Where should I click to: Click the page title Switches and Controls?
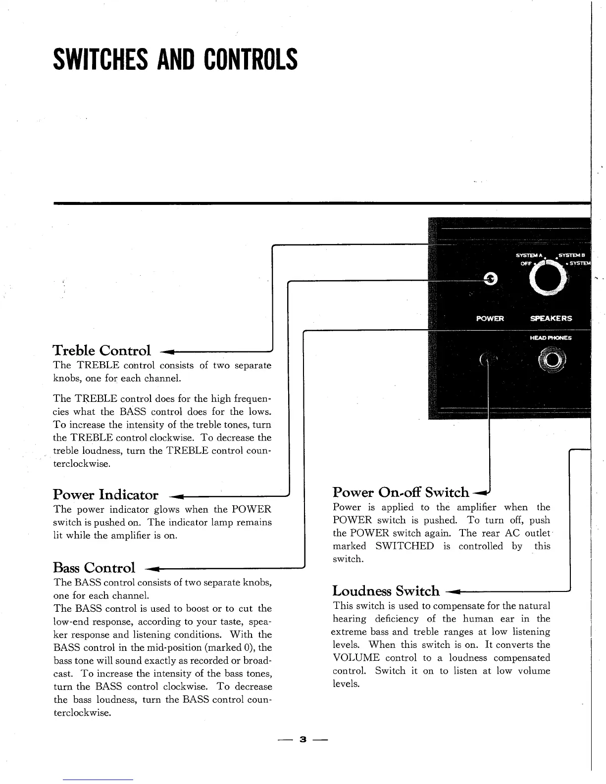coord(175,59)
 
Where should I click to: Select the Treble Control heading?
coord(101,350)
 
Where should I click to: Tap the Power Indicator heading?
coord(105,494)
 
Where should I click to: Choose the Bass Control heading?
coord(94,567)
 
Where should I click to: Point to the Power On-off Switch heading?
coord(401,492)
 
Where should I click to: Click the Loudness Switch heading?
coord(386,590)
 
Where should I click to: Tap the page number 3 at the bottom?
coord(303,739)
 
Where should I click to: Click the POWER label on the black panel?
coord(490,318)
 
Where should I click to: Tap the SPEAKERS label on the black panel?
coord(551,318)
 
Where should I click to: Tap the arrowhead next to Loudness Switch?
coord(454,591)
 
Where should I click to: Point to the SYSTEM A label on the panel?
coord(529,255)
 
